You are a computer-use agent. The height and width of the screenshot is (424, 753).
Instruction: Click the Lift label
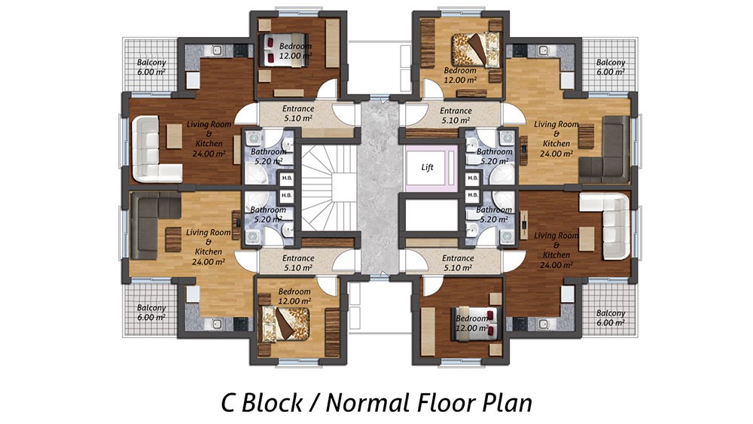(428, 167)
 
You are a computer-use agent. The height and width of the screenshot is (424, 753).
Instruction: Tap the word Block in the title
(272, 402)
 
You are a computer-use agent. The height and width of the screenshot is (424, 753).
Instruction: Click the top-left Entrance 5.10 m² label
(298, 113)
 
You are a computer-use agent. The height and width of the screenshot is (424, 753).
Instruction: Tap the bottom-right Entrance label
(458, 258)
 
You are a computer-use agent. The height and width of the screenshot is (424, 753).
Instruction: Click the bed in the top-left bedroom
(283, 50)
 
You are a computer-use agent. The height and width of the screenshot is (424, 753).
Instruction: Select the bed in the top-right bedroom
(475, 49)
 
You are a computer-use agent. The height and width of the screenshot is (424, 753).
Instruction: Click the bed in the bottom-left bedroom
(285, 324)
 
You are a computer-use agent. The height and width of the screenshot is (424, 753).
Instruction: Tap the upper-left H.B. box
(287, 178)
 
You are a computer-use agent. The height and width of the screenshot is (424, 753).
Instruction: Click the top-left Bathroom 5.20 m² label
(268, 156)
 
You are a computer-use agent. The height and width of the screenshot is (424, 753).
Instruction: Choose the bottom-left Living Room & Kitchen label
(209, 247)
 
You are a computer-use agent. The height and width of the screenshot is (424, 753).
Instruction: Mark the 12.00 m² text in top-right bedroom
(460, 80)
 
